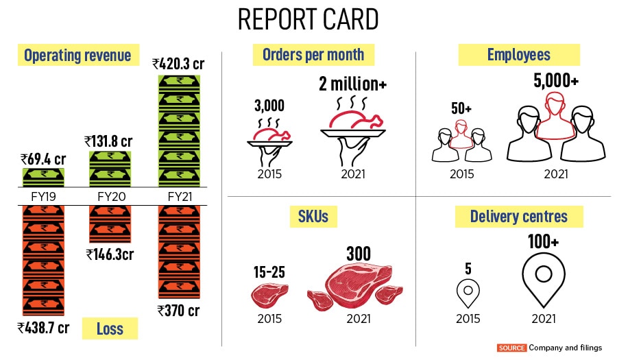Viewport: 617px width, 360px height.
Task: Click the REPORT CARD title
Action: click(308, 20)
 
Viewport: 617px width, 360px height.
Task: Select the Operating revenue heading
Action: click(77, 56)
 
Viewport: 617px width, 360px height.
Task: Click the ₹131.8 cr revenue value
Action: click(108, 141)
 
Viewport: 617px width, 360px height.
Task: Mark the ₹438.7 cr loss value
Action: click(43, 327)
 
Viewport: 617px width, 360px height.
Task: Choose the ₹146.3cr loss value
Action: click(110, 254)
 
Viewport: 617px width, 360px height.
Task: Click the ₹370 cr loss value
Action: click(178, 310)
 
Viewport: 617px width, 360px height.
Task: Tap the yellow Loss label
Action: click(110, 328)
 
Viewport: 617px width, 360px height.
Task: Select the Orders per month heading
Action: click(313, 54)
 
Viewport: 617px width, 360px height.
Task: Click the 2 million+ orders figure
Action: click(353, 84)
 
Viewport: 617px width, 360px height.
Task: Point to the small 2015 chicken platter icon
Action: click(269, 136)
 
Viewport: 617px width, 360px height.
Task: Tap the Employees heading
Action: click(519, 55)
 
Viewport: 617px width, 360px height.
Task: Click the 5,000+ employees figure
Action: click(556, 81)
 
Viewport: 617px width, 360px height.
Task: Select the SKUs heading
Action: click(313, 217)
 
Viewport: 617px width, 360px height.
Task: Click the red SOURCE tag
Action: click(512, 348)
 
